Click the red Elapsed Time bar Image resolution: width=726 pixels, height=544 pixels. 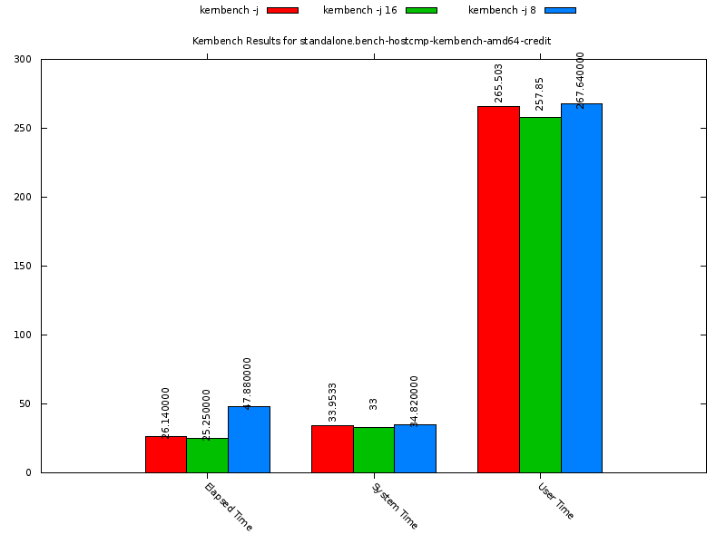pos(166,454)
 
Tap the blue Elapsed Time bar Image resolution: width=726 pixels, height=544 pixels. pos(249,440)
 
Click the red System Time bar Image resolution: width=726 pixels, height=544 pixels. pos(332,449)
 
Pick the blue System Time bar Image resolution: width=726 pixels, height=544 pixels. pos(415,449)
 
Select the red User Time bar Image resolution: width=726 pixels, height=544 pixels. pos(498,289)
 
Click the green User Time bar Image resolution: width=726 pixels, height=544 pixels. pos(540,295)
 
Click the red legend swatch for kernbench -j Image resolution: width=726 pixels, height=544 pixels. pos(282,10)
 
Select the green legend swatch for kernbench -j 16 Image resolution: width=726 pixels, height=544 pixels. pos(421,10)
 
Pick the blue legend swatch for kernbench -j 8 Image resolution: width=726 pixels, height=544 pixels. pos(560,10)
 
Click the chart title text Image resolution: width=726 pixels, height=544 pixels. pos(371,41)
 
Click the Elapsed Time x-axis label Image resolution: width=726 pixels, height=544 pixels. pos(228,506)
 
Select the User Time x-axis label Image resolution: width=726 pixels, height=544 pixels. pos(555,500)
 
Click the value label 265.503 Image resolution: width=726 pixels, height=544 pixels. pos(499,83)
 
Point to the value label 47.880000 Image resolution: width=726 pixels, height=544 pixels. pos(248,383)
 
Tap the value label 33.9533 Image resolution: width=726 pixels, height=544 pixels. pos(333,402)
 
